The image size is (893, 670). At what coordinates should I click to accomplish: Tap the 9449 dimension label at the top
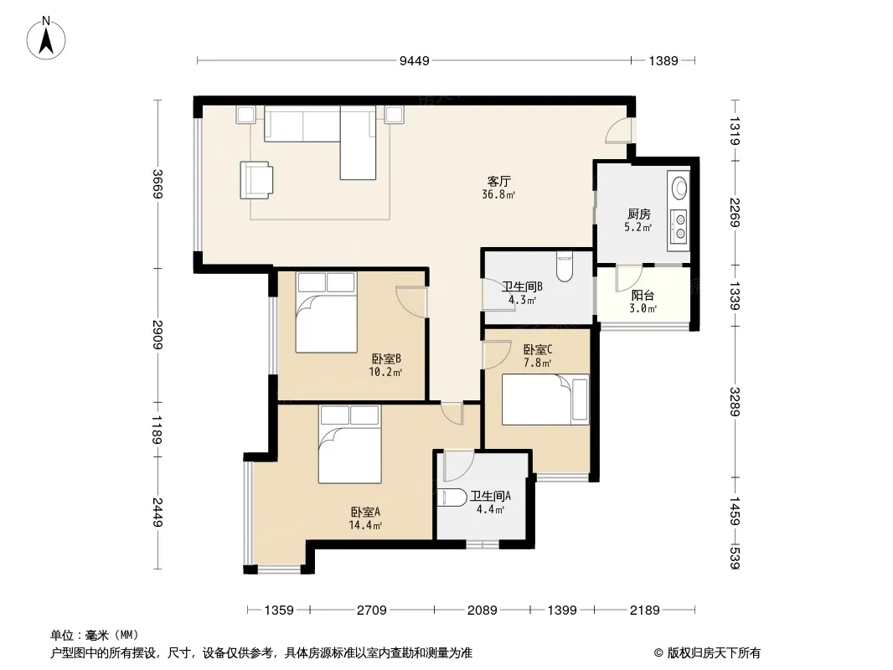[x=414, y=61]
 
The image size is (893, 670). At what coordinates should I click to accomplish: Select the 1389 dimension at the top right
[x=663, y=61]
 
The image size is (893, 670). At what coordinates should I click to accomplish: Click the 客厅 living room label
[x=499, y=182]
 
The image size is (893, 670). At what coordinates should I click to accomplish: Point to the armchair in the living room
[x=256, y=180]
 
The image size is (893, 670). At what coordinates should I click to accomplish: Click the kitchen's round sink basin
[x=680, y=188]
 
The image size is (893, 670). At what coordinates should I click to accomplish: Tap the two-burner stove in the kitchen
[x=679, y=224]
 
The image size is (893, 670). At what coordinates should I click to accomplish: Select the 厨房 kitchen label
[x=639, y=214]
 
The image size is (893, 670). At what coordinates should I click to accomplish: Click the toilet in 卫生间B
[x=564, y=266]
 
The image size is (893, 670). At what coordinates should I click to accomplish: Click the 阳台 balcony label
[x=643, y=296]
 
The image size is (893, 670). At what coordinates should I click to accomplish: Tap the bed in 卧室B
[x=327, y=312]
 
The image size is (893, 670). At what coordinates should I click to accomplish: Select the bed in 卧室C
[x=545, y=399]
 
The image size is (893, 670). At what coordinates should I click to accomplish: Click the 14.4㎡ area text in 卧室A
[x=365, y=525]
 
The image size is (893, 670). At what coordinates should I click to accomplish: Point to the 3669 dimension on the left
[x=157, y=184]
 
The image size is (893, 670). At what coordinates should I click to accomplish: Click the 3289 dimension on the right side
[x=736, y=402]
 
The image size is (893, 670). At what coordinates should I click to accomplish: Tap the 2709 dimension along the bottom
[x=371, y=611]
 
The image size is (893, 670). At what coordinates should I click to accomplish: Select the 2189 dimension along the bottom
[x=645, y=611]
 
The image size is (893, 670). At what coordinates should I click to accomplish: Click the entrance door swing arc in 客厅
[x=618, y=131]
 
